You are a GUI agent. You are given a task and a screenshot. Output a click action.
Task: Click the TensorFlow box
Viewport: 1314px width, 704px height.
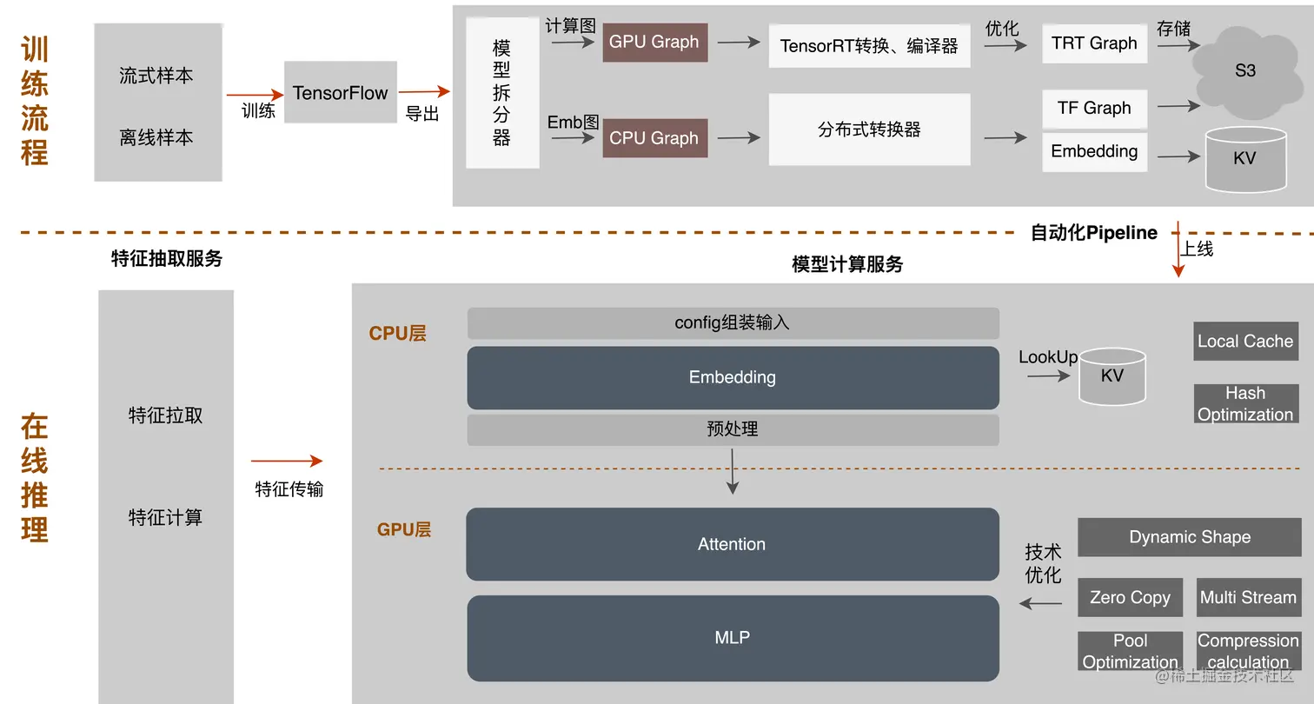tap(340, 92)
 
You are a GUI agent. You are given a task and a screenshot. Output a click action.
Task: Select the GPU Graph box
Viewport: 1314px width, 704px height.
tap(654, 42)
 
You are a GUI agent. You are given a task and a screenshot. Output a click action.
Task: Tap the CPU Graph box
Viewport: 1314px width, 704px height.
tap(654, 138)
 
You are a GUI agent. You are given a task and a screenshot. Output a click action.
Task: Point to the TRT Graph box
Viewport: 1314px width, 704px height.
tap(1094, 43)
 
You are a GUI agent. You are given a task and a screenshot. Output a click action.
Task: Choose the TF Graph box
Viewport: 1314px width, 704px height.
tap(1094, 109)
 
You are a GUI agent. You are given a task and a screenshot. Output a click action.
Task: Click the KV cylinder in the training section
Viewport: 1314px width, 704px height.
tap(1244, 159)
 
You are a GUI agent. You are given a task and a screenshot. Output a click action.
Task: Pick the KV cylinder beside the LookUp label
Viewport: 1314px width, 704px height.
tap(1112, 376)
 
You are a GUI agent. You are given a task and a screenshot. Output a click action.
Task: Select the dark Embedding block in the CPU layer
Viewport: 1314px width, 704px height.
tap(733, 377)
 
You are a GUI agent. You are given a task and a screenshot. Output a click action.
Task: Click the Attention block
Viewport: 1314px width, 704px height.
tap(733, 544)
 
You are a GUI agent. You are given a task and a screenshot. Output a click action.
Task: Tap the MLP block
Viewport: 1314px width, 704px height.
tap(733, 637)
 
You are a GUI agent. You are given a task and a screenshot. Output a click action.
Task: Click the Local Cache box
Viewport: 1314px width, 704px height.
tap(1245, 342)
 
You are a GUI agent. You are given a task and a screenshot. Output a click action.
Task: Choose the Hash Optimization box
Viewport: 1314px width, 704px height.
tap(1245, 404)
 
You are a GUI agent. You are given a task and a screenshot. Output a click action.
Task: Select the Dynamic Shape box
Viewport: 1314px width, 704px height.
tap(1189, 537)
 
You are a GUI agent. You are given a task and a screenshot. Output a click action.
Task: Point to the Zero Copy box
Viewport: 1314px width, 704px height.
tap(1130, 598)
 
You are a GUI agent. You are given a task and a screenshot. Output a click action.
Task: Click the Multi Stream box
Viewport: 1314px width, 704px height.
tap(1248, 598)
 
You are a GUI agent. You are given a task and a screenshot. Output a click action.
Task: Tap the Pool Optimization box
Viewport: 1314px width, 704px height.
tap(1130, 651)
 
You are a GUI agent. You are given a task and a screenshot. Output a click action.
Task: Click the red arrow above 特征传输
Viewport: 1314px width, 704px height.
tap(287, 462)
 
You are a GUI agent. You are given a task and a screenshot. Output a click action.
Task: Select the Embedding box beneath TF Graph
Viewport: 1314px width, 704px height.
tap(1094, 151)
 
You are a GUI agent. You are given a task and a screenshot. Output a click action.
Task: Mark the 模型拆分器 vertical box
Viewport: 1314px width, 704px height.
tap(502, 93)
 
